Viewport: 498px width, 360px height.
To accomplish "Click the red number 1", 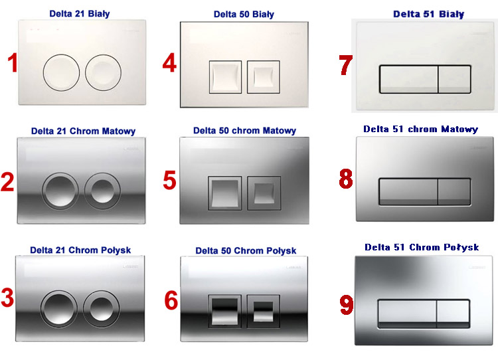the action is pos(13,63).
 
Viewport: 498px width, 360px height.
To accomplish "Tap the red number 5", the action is pos(169,180).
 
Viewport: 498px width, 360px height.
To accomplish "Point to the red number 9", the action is pos(347,305).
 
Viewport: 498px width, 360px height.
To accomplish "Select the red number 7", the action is pos(346,65).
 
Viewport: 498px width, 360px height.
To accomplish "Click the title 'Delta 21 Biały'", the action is pos(80,14).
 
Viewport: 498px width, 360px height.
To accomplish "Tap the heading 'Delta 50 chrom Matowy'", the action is pos(244,131).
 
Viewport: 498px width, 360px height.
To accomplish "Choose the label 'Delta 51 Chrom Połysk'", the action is pos(422,247).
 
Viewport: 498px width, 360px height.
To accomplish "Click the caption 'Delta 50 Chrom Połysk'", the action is pos(246,250).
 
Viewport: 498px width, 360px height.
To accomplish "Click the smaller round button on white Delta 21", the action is pos(103,72).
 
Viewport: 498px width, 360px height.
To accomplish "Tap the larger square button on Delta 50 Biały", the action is pos(225,77).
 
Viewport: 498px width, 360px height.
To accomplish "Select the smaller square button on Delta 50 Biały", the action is pos(264,77).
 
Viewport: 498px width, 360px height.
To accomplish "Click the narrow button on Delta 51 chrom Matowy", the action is pos(454,191).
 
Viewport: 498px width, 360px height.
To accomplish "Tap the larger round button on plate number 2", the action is pos(60,191).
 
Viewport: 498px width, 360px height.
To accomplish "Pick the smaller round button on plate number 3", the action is pos(102,309).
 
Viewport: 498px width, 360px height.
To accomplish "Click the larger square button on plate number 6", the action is pos(225,311).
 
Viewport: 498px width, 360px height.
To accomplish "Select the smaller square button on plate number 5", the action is pos(264,193).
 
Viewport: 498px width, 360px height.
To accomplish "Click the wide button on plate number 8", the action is pos(408,191).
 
